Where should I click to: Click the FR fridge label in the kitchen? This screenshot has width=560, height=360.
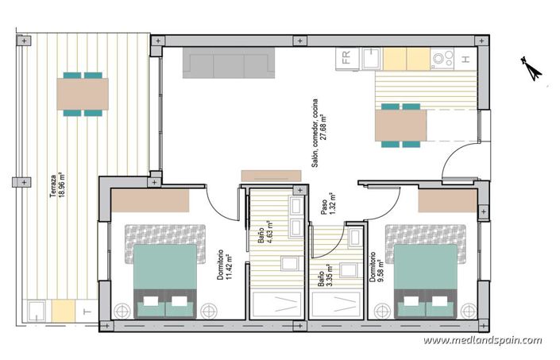[x=346, y=57]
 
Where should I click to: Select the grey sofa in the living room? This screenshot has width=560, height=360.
[x=229, y=63]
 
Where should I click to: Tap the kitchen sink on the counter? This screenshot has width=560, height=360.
[x=370, y=58]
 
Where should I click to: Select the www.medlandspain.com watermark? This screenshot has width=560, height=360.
[x=482, y=341]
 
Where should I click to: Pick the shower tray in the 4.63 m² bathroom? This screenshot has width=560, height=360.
[x=275, y=304]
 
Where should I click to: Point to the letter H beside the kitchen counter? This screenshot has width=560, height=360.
[x=467, y=57]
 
